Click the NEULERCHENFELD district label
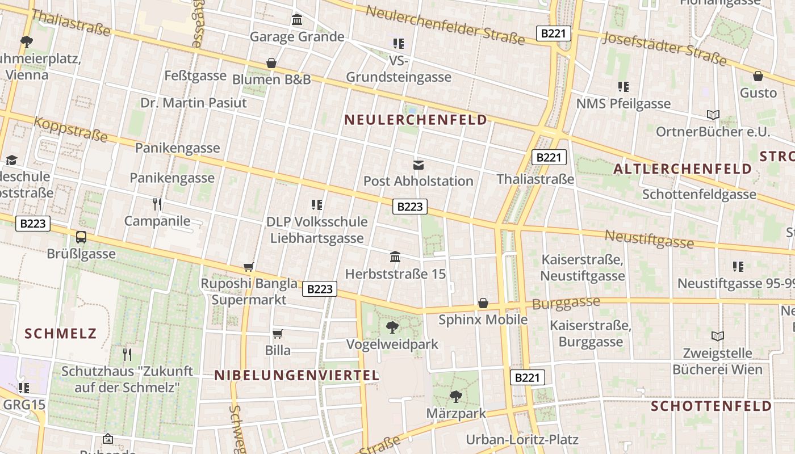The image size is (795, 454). coord(416,120)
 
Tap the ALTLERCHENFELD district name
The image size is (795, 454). coord(683,169)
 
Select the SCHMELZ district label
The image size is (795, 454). coord(61,333)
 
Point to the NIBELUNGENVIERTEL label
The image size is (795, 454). coord(296,375)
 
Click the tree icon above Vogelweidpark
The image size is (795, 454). coord(392,327)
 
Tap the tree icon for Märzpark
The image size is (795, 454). coord(455,396)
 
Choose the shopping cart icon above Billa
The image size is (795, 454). coord(278,334)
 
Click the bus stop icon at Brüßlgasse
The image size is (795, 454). coord(81,237)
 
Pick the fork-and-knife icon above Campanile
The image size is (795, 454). coord(157,204)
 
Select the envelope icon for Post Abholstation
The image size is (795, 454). coord(419,165)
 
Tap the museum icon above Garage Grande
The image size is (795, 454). coord(297,20)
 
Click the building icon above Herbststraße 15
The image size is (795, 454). coord(395,257)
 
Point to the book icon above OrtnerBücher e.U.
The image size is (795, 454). coord(713,115)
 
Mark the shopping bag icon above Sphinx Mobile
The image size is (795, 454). coord(483,303)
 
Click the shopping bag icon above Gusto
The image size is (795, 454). coord(758,76)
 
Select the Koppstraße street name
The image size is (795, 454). coord(70,129)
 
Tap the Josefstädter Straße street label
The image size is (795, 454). coord(664,48)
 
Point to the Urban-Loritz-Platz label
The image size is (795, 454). coord(522,439)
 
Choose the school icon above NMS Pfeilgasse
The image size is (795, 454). coord(624,87)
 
